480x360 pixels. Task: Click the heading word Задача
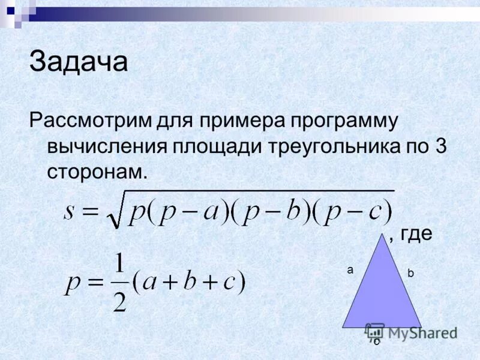pos(79,62)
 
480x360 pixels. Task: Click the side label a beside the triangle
pos(350,271)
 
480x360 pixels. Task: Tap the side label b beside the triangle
pos(410,273)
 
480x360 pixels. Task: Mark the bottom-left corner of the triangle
pos(343,328)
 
